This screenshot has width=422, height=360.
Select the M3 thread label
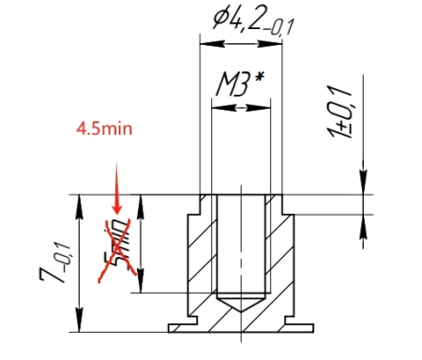coord(234,85)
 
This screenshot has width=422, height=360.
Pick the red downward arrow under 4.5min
coord(115,187)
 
